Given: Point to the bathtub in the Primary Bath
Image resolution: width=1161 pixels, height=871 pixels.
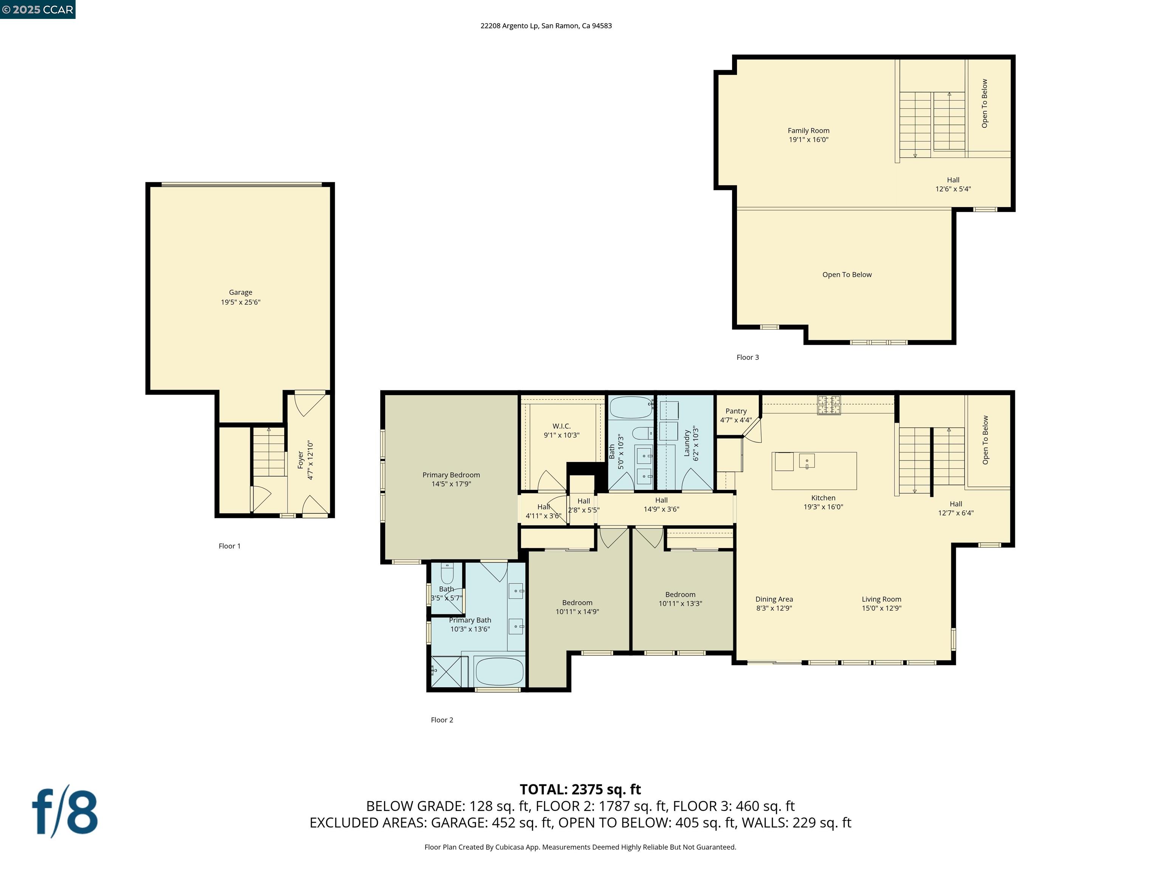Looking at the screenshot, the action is pos(498,671).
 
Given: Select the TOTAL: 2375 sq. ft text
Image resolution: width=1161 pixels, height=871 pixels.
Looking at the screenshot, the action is pos(580,789).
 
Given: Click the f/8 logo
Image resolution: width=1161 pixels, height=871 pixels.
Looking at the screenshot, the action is pos(65,812).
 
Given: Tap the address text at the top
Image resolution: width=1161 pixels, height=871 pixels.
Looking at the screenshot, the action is pos(546,26).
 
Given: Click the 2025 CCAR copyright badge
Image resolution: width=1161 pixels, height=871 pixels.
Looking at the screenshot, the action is pos(38,9).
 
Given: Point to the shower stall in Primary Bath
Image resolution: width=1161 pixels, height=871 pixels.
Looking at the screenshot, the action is pos(446,671).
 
